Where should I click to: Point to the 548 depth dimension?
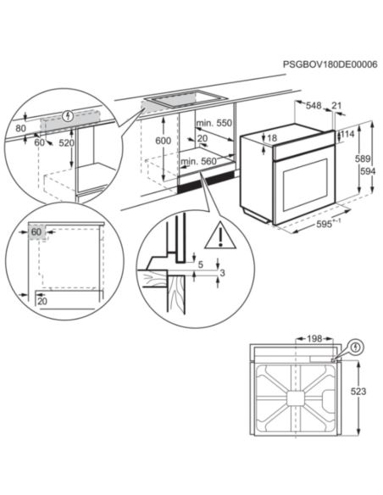[314, 106]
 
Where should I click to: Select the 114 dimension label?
[347, 133]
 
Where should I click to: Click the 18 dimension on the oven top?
[271, 137]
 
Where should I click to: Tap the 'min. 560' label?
[200, 159]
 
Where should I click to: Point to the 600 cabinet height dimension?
[164, 141]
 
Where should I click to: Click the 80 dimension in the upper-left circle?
[20, 130]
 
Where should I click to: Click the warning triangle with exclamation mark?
[221, 231]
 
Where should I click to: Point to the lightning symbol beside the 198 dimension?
[356, 347]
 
